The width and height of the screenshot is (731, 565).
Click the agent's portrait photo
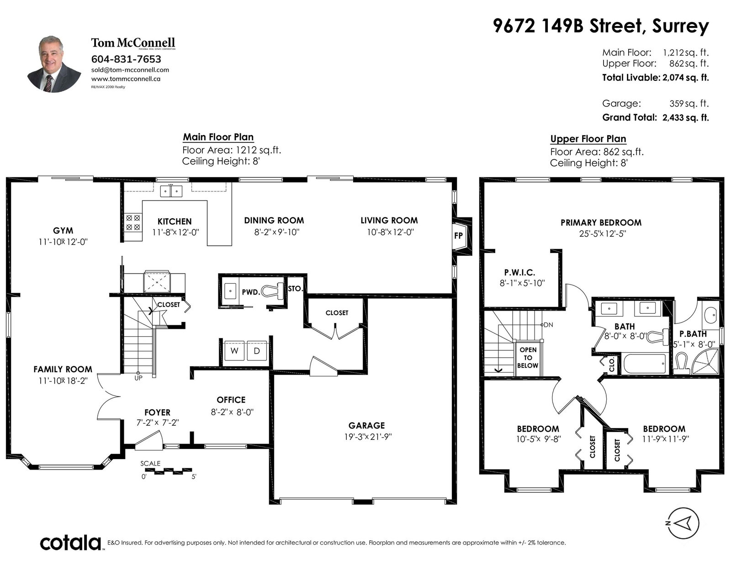point(54,64)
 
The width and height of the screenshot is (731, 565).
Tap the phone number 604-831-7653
point(126,59)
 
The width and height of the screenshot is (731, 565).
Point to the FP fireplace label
point(458,236)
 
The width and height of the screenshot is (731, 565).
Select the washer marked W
point(234,351)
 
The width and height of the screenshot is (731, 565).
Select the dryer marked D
point(257,351)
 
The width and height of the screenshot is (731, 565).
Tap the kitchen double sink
point(171,191)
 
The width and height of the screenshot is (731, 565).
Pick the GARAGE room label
point(366,425)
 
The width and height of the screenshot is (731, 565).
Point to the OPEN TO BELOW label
point(528,358)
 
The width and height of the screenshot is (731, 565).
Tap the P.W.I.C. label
point(519,272)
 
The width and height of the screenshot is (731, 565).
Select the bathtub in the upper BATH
point(645,364)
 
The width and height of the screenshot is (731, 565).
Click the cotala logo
point(71,543)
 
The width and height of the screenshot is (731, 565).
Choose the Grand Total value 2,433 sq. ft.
point(686,118)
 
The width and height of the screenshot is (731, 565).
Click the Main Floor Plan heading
point(218,137)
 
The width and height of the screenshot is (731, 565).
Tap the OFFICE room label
point(231,400)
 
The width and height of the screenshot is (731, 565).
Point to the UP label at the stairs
point(138,378)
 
